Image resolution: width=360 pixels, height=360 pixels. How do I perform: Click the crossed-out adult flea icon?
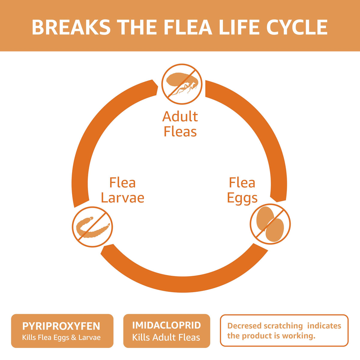point(182,84)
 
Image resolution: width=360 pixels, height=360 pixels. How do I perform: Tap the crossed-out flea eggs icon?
point(270,224)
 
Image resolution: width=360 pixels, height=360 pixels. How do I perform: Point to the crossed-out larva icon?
point(92,227)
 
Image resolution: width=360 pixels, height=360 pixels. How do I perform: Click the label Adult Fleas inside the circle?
point(180,124)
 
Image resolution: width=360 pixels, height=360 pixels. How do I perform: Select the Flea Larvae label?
point(122,190)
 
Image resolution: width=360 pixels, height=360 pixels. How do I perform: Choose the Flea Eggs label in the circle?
point(242,190)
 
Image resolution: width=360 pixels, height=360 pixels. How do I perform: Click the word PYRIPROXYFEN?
point(61,326)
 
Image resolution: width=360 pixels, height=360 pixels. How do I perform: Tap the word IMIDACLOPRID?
point(166,325)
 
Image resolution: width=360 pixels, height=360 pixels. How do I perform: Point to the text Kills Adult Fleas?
point(166,337)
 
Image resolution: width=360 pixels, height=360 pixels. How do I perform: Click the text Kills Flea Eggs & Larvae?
point(61,337)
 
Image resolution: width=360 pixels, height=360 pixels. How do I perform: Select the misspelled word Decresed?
point(242,326)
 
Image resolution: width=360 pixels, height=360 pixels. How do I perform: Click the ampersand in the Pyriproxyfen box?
point(74,337)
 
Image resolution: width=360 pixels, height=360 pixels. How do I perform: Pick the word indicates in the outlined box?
point(324,326)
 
